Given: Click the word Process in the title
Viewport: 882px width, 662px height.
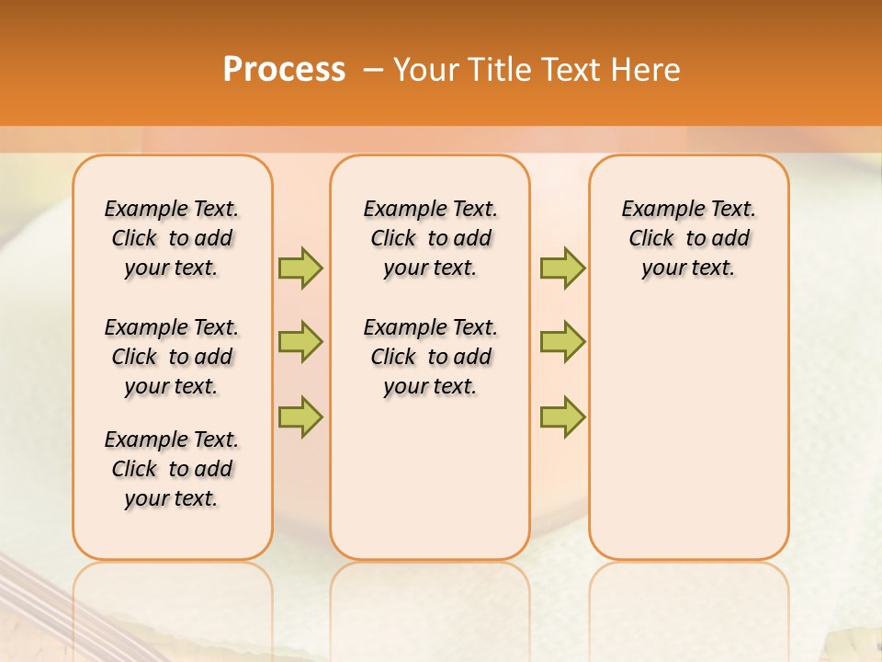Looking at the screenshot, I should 284,70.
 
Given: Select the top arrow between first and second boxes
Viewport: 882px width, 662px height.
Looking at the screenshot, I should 300,268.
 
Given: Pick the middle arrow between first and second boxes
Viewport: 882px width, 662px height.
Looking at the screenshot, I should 300,342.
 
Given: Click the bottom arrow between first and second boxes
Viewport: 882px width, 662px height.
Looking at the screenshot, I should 300,417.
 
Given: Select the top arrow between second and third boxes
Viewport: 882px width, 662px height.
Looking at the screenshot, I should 562,268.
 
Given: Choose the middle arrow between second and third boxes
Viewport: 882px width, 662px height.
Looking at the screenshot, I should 562,342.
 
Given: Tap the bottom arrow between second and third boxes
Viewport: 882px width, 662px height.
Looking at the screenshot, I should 562,417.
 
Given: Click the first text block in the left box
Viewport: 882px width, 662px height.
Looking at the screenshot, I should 172,238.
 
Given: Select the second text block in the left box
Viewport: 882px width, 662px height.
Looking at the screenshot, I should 172,357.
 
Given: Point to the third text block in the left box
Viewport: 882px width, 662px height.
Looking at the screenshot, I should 172,469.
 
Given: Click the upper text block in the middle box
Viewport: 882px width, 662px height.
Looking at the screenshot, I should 430,238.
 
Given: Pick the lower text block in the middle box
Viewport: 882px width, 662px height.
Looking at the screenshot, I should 430,357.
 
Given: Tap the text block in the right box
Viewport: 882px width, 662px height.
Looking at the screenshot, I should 689,238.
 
